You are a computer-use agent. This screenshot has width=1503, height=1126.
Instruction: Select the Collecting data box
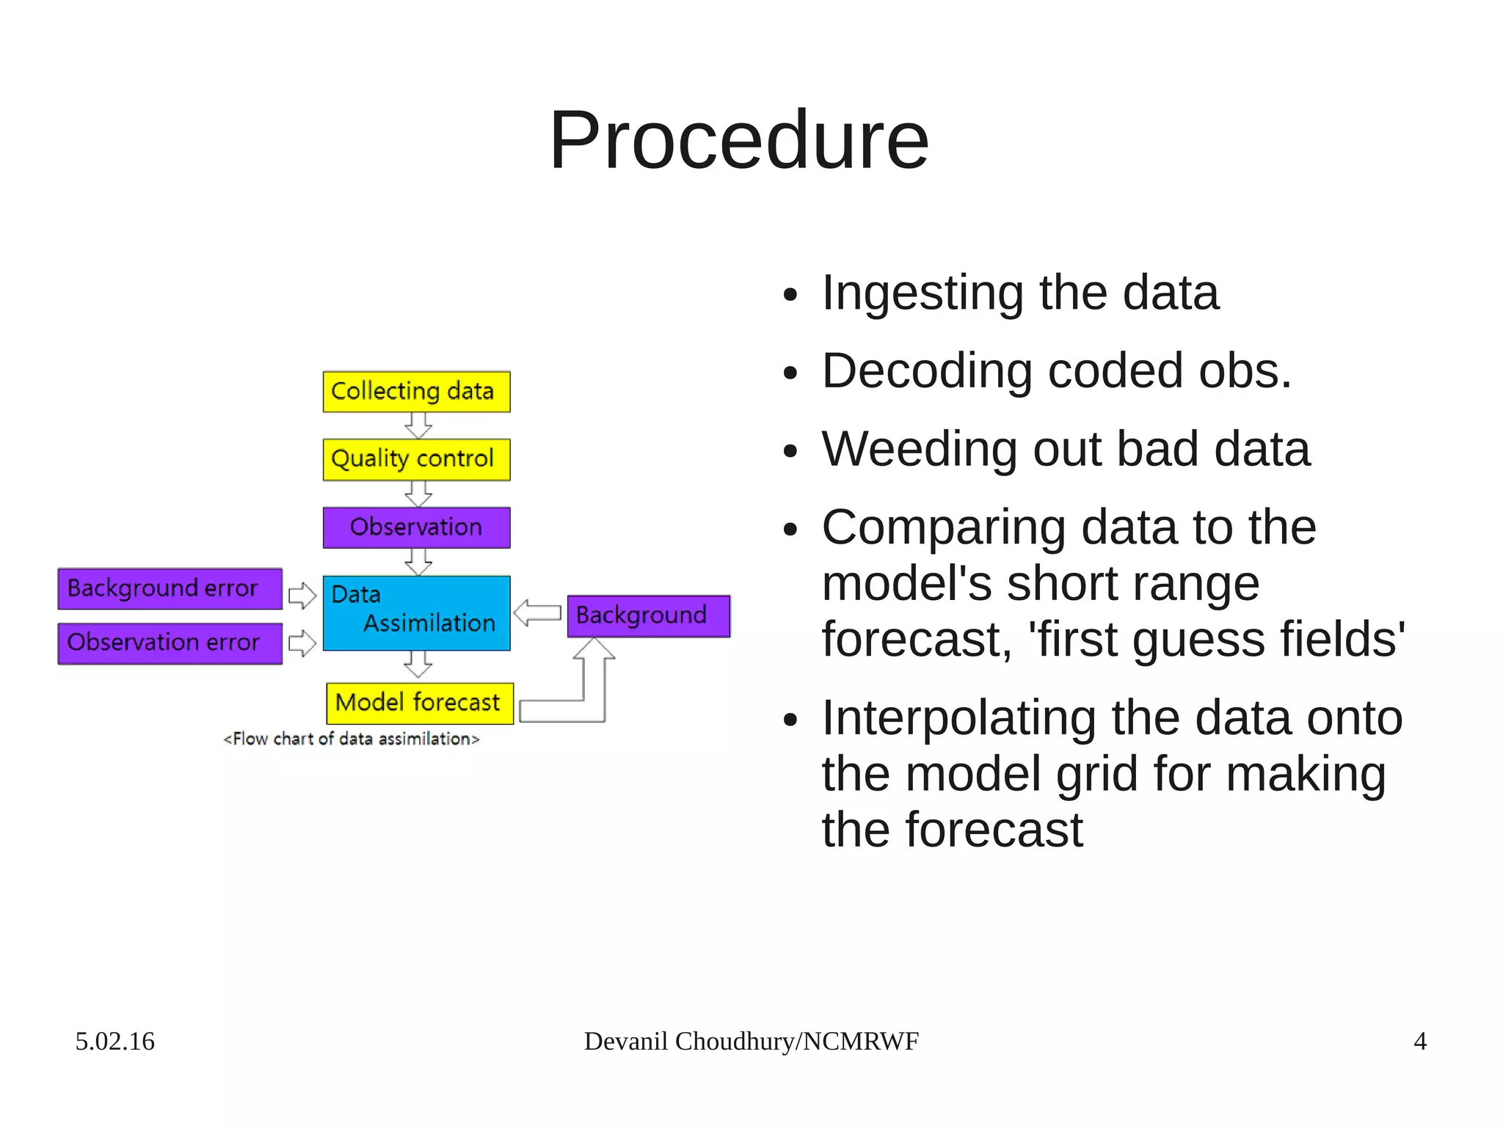pos(416,392)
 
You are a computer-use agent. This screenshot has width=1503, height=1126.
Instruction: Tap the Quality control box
pos(416,459)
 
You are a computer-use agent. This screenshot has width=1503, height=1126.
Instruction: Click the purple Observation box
pos(416,527)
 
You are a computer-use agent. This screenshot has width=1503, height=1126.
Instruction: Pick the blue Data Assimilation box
pos(416,613)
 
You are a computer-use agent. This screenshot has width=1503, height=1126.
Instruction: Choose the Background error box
pos(170,588)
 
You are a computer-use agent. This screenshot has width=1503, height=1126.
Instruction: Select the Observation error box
pos(170,643)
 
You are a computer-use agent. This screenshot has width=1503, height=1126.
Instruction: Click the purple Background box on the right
pos(648,615)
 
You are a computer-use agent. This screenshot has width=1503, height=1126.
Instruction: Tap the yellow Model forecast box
pos(419,703)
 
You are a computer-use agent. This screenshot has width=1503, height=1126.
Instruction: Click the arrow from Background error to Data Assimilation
pos(302,595)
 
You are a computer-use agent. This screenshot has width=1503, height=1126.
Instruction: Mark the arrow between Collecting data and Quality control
pos(418,425)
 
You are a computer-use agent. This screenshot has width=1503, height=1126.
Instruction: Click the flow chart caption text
pos(351,739)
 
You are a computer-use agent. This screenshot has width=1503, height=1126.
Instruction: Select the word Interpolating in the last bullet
pos(958,718)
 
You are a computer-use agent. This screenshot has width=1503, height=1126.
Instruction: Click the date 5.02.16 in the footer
pos(114,1041)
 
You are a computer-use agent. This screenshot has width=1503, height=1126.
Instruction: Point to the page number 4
pos(1419,1041)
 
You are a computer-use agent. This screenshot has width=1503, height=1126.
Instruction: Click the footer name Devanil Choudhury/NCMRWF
pos(751,1041)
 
